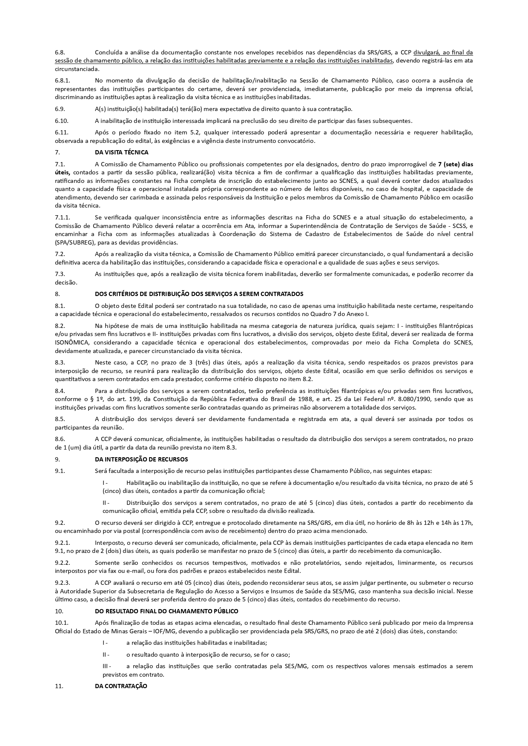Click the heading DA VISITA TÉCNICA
tap(121, 152)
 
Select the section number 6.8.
tap(60, 52)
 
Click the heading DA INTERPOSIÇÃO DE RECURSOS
tap(141, 459)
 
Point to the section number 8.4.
tap(60, 390)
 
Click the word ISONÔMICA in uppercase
tap(72, 342)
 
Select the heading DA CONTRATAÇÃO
tap(121, 686)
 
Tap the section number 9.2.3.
tap(62, 583)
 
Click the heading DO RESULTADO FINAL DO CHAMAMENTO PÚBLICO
tap(166, 611)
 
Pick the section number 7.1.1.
tap(62, 217)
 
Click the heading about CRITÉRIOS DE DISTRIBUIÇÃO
tap(199, 294)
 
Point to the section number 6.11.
tap(61, 132)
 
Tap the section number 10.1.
tap(61, 623)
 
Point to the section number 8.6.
tap(60, 439)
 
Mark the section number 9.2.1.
tap(62, 543)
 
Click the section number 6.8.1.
tap(62, 80)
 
